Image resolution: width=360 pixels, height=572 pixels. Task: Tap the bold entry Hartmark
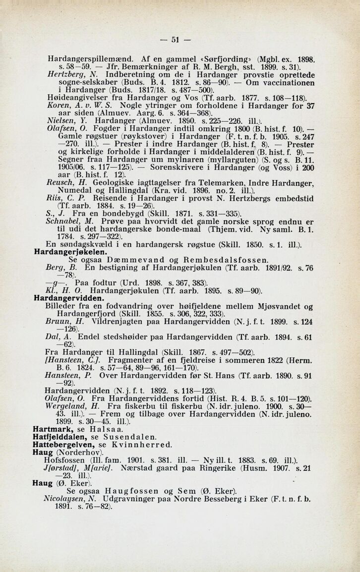tap(52, 426)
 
